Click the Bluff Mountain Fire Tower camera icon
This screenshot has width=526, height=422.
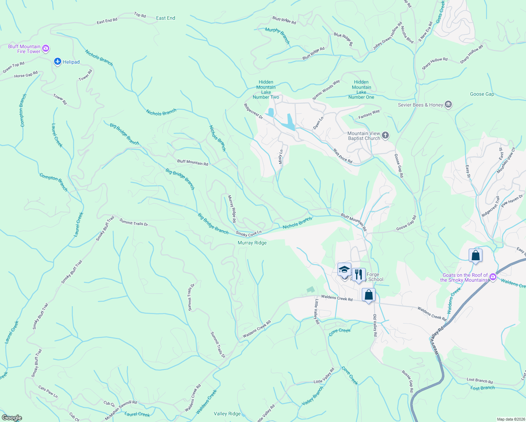pyautogui.click(x=46, y=49)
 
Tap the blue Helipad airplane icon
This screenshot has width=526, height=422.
pyautogui.click(x=58, y=62)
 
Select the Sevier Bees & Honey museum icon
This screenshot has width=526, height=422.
pyautogui.click(x=448, y=105)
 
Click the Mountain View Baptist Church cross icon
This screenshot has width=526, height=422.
pyautogui.click(x=385, y=135)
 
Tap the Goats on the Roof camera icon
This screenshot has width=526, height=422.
pyautogui.click(x=493, y=277)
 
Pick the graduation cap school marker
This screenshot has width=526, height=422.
pyautogui.click(x=344, y=270)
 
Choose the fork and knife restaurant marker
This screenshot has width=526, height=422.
pyautogui.click(x=358, y=274)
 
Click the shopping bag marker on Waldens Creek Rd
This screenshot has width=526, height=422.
pyautogui.click(x=368, y=295)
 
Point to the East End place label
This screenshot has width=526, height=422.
pyautogui.click(x=166, y=18)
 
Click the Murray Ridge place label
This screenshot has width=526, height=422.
pyautogui.click(x=252, y=243)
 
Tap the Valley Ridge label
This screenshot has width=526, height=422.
pyautogui.click(x=227, y=414)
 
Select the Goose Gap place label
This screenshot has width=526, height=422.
pyautogui.click(x=482, y=94)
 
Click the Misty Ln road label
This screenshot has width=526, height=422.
pyautogui.click(x=281, y=157)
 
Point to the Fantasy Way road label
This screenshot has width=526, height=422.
pyautogui.click(x=369, y=114)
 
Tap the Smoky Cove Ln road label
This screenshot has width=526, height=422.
pyautogui.click(x=249, y=234)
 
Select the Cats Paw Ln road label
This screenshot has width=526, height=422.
pyautogui.click(x=48, y=392)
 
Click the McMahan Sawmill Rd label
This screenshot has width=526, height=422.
pyautogui.click(x=121, y=410)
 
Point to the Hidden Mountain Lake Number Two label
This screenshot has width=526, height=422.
pyautogui.click(x=266, y=90)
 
